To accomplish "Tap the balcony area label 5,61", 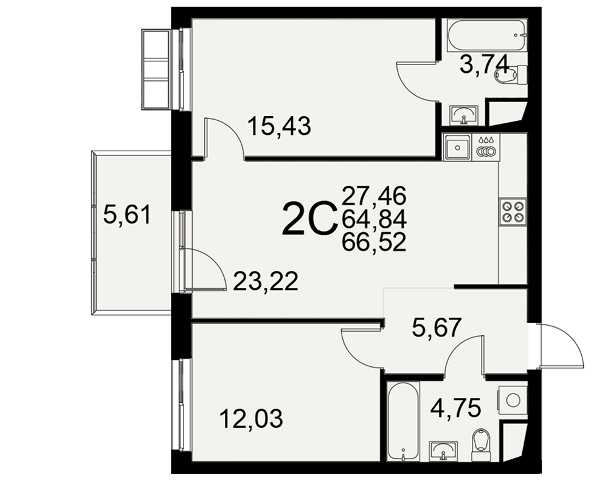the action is click(127, 215).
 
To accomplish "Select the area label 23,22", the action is click(266, 281).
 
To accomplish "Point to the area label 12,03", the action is click(251, 419).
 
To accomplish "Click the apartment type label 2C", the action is click(309, 219).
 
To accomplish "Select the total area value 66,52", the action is click(374, 243).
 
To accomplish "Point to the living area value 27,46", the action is click(374, 195).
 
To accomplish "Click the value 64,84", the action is click(374, 219).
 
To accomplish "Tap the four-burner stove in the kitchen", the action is click(513, 211).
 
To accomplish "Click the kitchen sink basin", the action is click(458, 147).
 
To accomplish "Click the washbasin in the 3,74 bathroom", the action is click(464, 115).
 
